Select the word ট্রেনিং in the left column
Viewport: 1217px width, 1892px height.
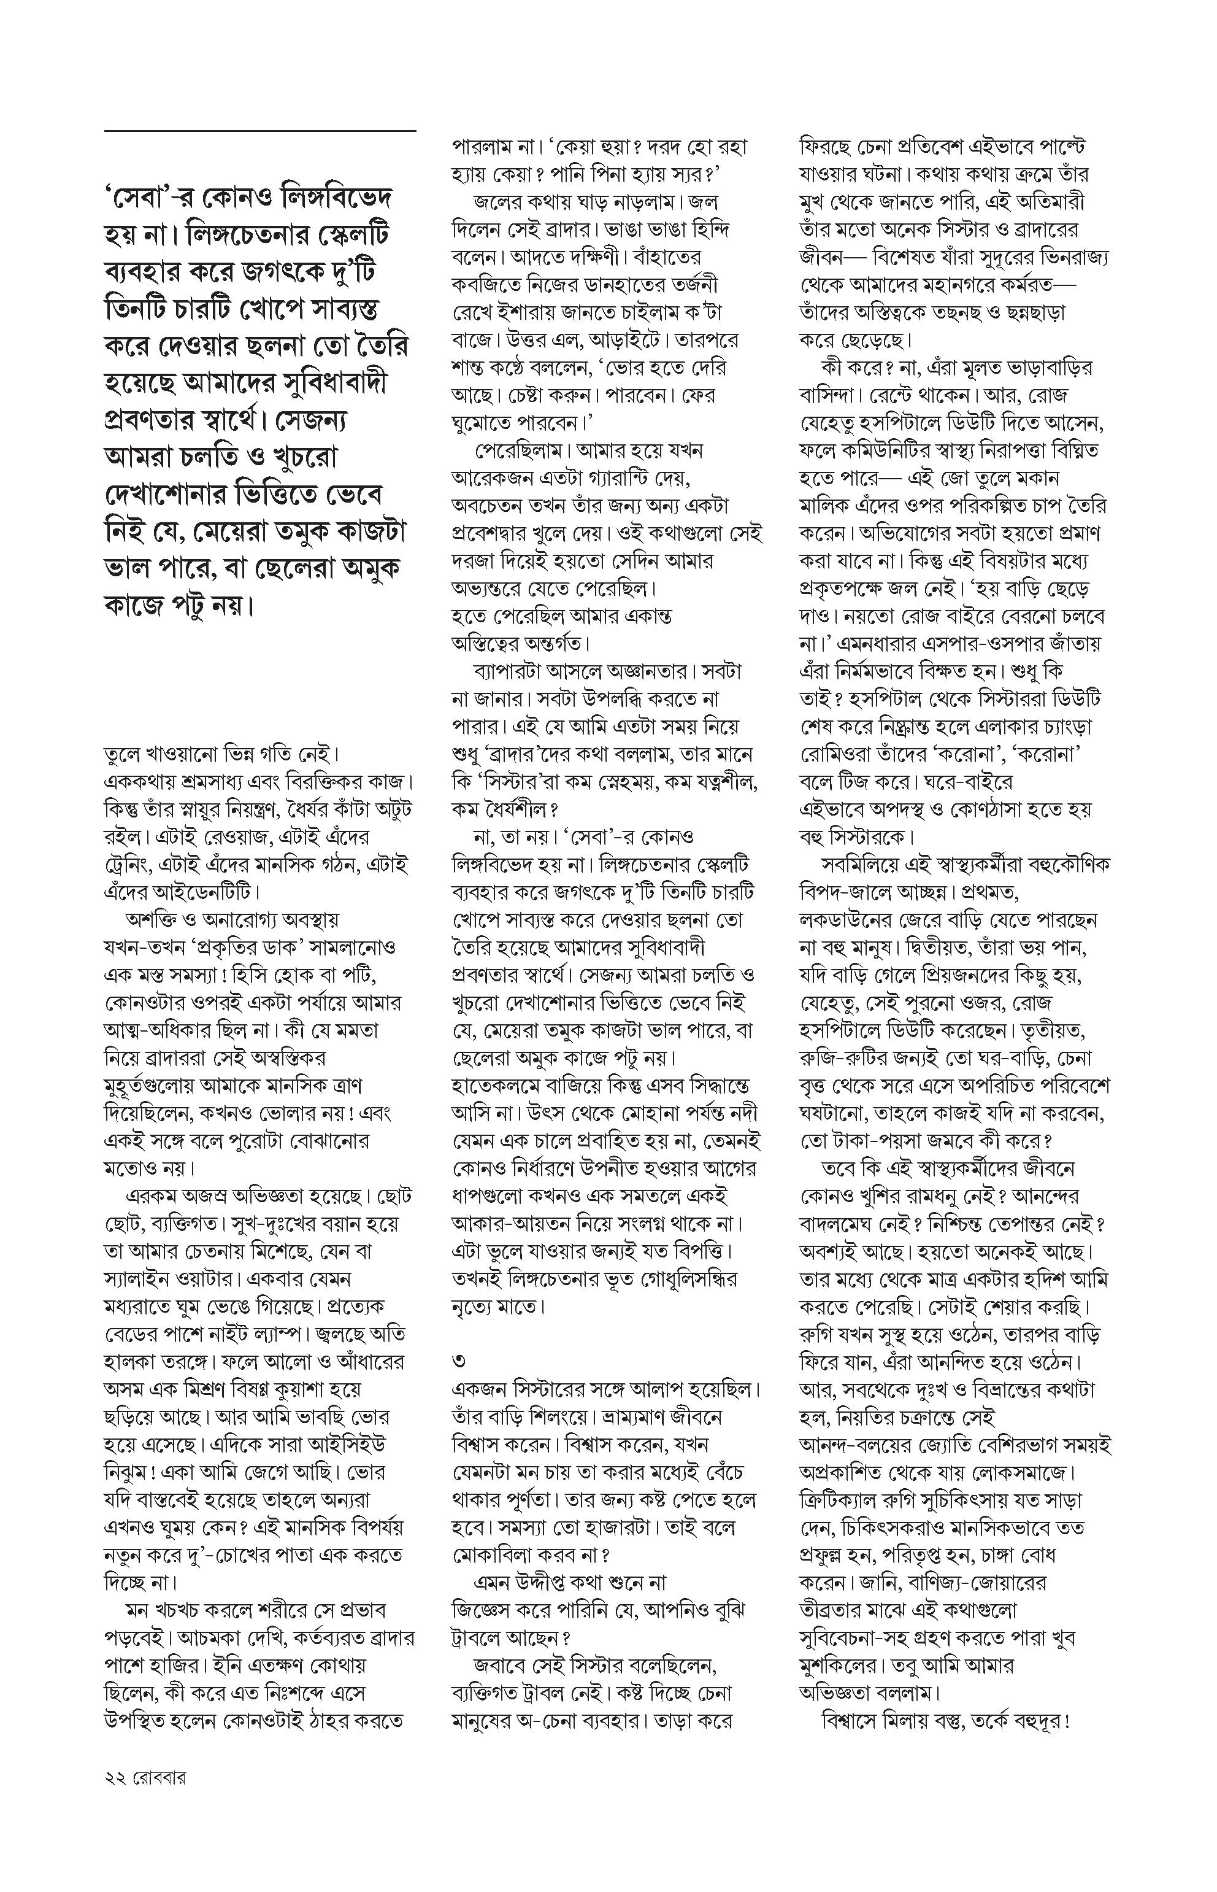tap(132, 865)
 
